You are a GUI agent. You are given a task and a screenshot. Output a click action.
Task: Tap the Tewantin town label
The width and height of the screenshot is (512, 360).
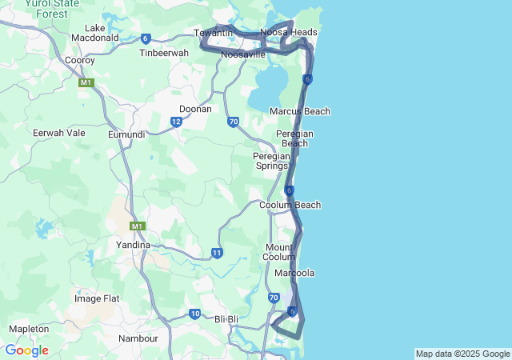point(213,32)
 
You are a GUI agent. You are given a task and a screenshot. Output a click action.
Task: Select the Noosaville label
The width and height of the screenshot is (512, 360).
point(243,54)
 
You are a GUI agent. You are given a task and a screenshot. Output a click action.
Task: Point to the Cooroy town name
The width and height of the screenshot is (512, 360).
point(80,60)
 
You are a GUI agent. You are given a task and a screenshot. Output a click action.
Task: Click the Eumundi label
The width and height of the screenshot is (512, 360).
point(126,134)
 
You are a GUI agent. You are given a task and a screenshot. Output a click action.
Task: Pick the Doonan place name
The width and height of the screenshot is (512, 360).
point(195,109)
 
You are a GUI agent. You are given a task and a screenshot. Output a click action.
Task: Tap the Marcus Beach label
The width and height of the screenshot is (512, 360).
point(300,111)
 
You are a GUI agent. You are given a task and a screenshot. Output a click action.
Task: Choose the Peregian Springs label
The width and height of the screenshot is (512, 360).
point(271,161)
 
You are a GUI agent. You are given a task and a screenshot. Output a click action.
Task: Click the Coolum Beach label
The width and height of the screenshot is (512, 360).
point(290,205)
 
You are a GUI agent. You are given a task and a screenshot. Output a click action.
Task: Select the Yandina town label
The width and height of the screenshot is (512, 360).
point(133,245)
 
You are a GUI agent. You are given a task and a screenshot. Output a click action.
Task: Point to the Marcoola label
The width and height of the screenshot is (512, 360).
point(294,273)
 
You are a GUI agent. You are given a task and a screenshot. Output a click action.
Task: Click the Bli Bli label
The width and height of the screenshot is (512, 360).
point(227,319)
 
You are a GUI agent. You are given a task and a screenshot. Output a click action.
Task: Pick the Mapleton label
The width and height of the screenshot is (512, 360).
point(29,329)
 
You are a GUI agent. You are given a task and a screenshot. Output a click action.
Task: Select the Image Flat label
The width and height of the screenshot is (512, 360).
point(97,298)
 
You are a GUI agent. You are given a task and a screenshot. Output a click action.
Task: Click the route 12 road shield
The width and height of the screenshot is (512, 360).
point(175,122)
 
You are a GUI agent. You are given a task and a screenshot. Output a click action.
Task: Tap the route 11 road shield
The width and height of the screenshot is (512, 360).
point(217,253)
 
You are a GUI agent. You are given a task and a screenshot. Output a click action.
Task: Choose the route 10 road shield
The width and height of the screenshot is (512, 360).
point(194,313)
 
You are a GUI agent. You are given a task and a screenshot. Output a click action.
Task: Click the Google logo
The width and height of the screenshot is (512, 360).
point(26,350)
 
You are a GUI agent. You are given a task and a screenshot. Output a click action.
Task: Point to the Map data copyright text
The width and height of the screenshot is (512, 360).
point(462,354)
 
